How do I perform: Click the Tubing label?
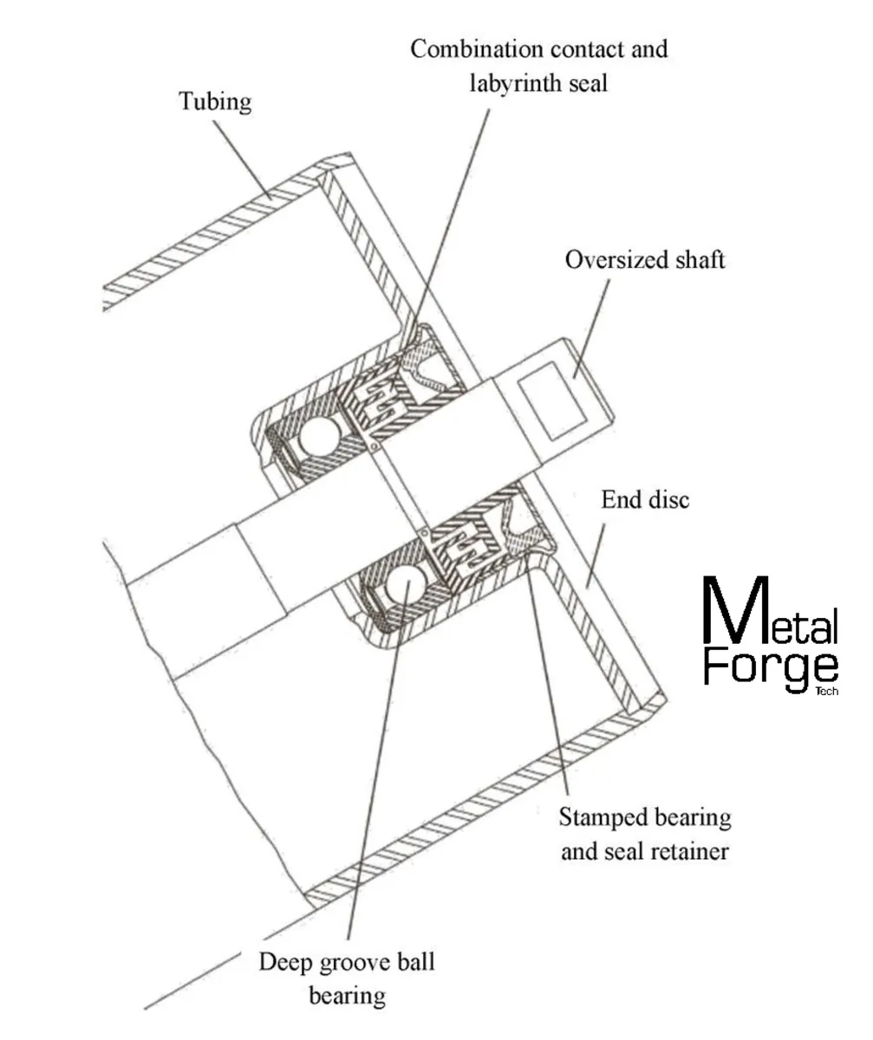215,101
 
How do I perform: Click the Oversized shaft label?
644,260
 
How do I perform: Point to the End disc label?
645,500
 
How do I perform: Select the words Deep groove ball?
347,962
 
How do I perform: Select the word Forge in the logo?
770,666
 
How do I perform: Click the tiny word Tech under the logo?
828,692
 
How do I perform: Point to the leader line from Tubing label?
243,155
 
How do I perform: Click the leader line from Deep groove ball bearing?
373,780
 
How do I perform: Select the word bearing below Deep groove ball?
347,996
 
